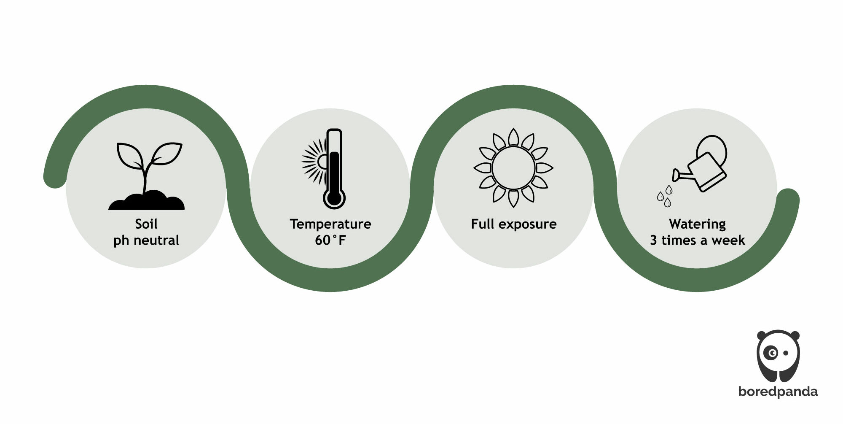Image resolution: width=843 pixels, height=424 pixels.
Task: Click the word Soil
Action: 146,224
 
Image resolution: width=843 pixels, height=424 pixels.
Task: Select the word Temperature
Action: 330,224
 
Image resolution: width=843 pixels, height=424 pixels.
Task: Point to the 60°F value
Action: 330,240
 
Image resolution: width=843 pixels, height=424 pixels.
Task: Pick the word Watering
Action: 697,224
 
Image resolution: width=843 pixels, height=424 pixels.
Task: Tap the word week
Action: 728,240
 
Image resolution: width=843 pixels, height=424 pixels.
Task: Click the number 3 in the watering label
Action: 653,240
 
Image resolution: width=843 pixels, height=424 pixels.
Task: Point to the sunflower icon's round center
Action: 513,168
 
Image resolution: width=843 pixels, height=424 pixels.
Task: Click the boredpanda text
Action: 778,391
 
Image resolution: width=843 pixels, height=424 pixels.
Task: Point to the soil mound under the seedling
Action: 147,201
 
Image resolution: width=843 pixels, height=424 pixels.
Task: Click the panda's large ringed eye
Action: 772,353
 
